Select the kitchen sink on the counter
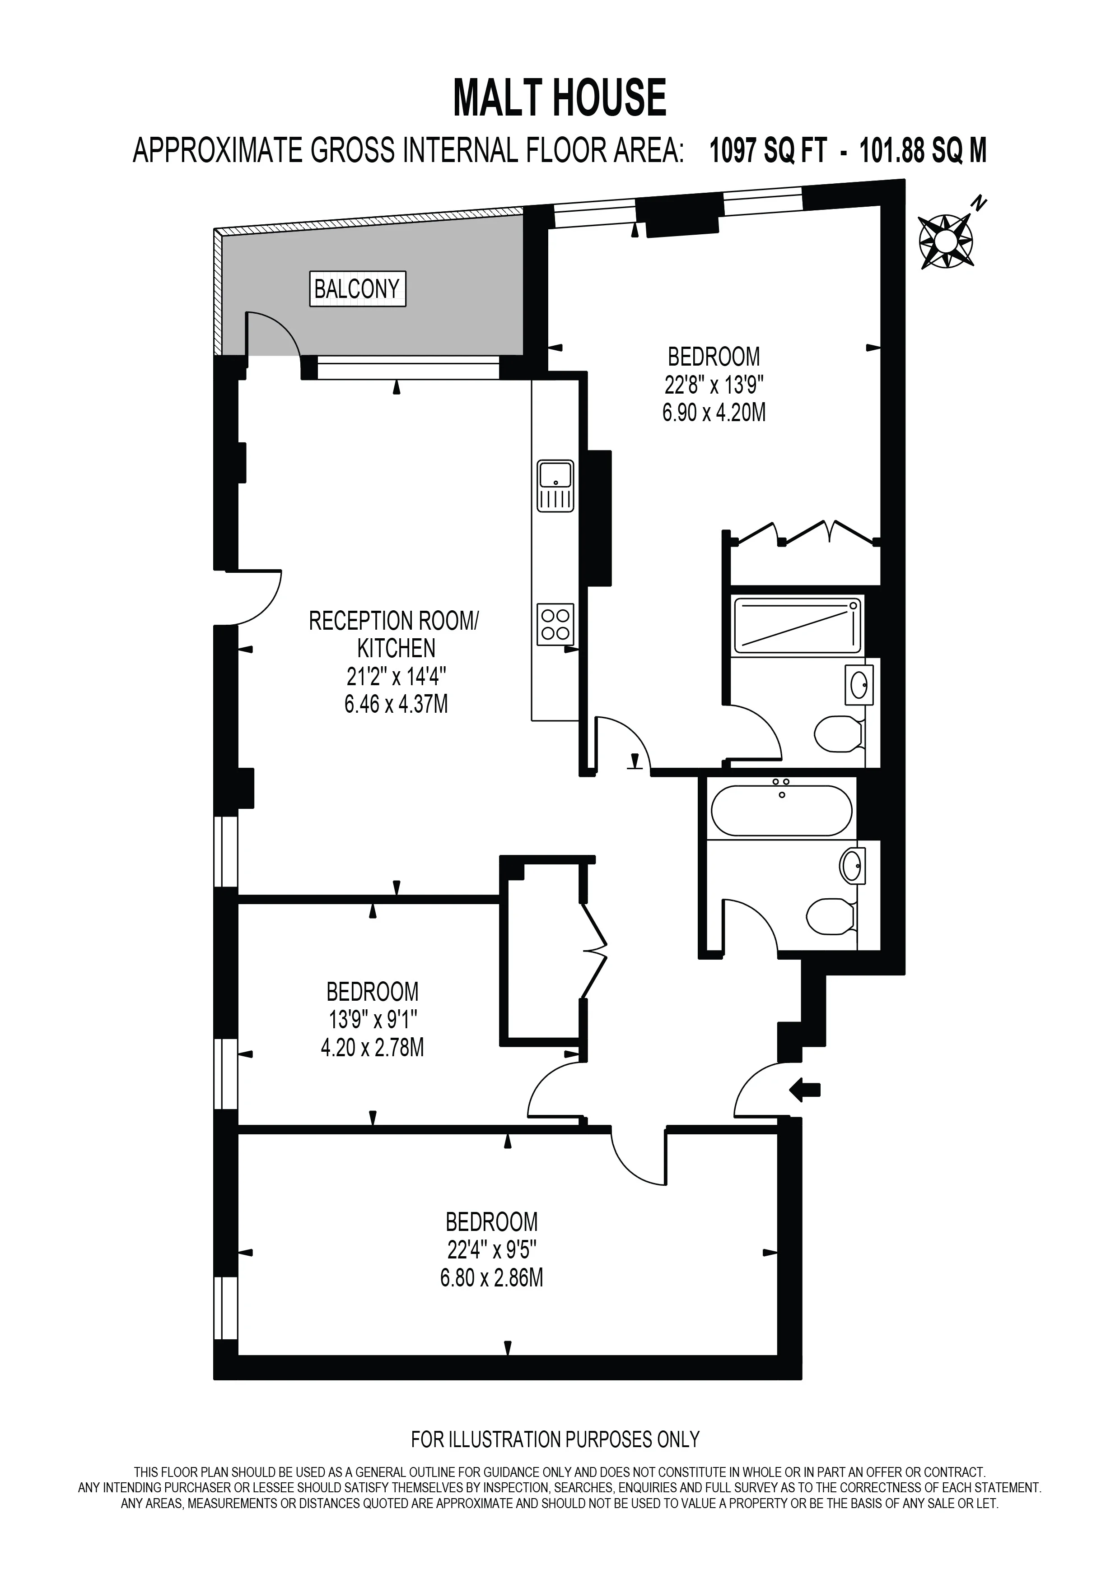555,486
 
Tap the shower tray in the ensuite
798,625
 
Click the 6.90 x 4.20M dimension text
714,413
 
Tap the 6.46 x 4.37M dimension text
397,705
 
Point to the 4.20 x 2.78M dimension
373,1047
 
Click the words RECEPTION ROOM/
393,621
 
